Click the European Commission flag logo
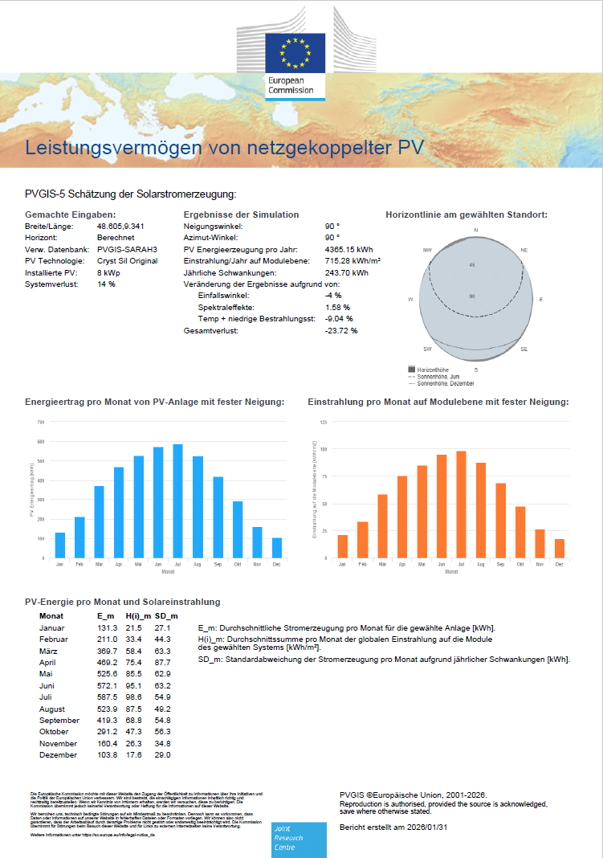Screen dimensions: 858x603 (296, 54)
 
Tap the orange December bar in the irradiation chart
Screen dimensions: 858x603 (559, 548)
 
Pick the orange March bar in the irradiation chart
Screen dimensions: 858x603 (383, 526)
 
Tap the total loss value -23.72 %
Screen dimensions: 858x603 (341, 330)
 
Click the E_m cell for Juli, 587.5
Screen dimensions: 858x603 (108, 697)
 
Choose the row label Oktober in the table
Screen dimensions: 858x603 (55, 732)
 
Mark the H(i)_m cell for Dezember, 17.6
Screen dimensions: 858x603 (133, 754)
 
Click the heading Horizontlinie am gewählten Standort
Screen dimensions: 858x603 (467, 215)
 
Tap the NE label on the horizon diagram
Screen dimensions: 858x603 (524, 250)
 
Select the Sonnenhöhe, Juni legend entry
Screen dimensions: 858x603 (438, 375)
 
